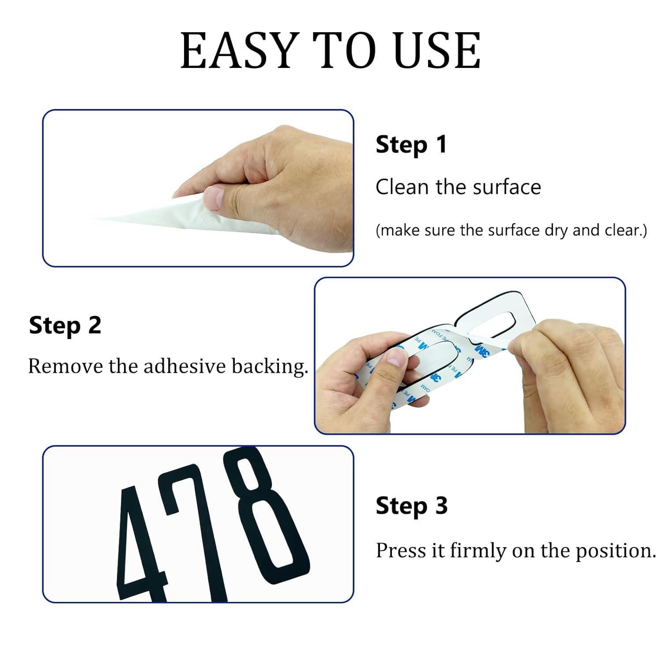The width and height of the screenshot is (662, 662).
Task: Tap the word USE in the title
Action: pyautogui.click(x=437, y=50)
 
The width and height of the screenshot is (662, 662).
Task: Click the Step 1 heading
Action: pyautogui.click(x=411, y=145)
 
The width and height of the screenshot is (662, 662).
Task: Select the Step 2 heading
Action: pyautogui.click(x=65, y=326)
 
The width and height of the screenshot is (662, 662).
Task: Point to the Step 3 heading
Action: pyautogui.click(x=411, y=506)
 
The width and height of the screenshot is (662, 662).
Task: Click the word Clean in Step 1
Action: pyautogui.click(x=402, y=187)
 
